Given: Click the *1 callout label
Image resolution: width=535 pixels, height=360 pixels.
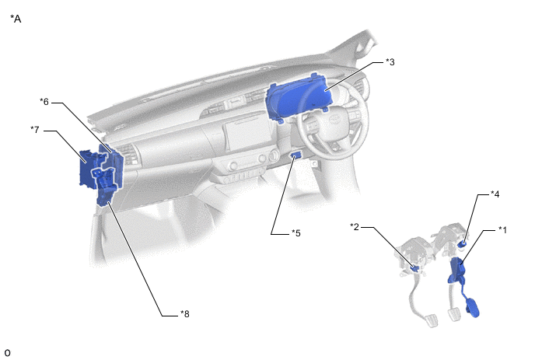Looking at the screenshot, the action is click(502, 230).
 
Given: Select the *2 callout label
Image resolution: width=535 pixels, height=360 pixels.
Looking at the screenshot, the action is click(355, 226).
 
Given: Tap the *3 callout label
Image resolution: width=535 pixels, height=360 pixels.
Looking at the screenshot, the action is click(390, 61).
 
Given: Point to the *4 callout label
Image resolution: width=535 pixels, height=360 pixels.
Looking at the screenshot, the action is click(495, 194).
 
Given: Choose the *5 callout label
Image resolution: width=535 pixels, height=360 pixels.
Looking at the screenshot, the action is click(295, 233).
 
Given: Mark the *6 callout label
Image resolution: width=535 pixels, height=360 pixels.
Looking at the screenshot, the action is click(44, 101).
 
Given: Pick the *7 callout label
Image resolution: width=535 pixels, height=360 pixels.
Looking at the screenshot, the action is click(35, 130).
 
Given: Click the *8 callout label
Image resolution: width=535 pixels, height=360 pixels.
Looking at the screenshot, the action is click(184, 314).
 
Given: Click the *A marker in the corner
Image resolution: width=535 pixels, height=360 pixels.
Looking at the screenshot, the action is click(16, 19).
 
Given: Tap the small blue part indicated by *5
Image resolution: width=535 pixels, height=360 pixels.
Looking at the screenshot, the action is click(295, 156).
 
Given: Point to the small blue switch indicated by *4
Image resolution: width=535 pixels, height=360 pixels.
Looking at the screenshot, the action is click(463, 243).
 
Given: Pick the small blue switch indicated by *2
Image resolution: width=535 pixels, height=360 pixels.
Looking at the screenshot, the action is click(415, 268).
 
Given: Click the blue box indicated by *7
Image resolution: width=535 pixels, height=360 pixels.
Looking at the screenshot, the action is click(89, 168).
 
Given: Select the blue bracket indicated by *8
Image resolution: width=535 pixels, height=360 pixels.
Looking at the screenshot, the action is click(107, 186).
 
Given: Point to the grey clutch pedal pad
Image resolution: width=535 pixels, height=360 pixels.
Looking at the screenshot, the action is click(431, 320).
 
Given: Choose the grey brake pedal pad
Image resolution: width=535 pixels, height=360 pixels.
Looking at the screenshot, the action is click(454, 314).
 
